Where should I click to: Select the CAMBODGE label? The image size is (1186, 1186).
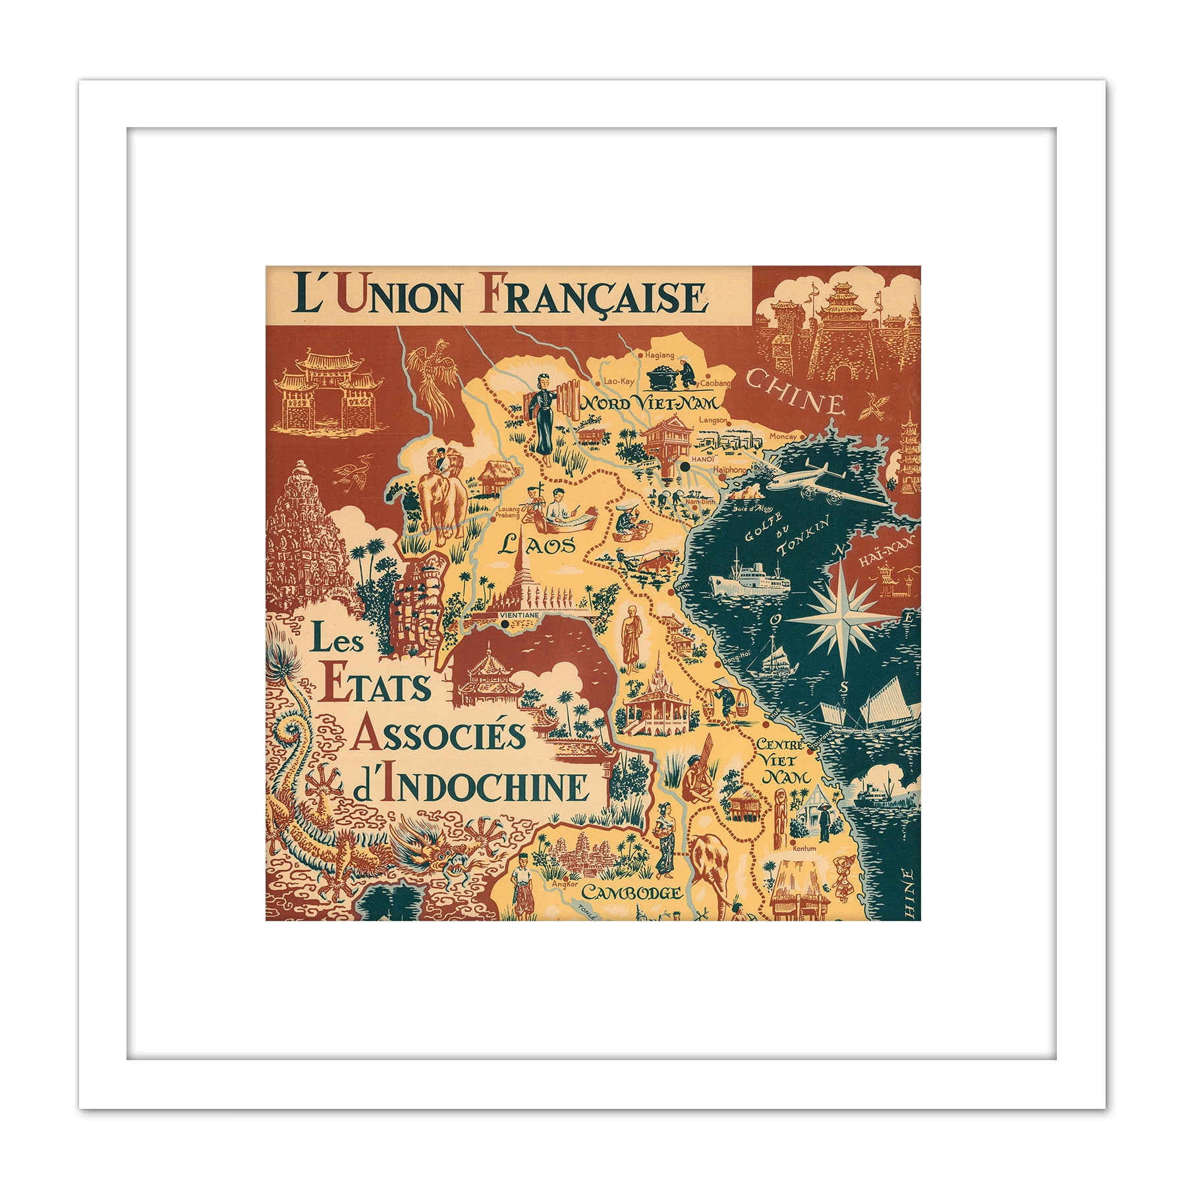631,893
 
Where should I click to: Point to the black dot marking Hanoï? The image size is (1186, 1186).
686,466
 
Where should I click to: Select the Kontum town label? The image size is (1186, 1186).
805,849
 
